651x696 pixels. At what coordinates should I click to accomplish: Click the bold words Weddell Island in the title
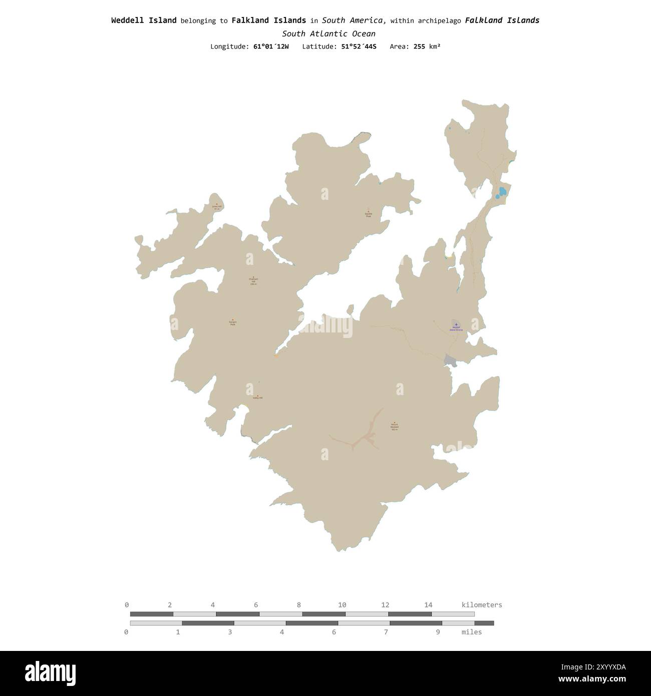tap(144, 21)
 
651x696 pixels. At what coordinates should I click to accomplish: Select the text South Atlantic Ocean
tap(329, 34)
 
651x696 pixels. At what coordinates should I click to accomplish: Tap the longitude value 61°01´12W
tap(271, 47)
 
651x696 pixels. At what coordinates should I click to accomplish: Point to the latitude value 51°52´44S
tap(358, 47)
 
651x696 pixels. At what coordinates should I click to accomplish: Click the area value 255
tap(419, 47)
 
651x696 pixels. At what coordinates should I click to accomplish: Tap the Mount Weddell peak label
tap(394, 427)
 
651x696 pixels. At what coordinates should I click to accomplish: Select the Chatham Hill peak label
tap(253, 281)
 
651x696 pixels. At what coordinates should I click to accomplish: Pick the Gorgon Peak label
tap(232, 322)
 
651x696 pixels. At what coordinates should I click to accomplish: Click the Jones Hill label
tap(216, 206)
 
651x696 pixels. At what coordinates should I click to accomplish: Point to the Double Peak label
tap(369, 214)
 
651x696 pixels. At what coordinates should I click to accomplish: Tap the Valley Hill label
tap(257, 397)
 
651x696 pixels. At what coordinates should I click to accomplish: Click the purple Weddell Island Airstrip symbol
tap(456, 325)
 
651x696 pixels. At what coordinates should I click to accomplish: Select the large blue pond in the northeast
tap(501, 192)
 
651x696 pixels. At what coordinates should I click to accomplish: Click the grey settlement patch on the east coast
tap(450, 361)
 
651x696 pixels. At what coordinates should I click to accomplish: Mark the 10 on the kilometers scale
tap(342, 605)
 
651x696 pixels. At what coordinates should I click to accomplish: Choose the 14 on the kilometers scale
tap(428, 605)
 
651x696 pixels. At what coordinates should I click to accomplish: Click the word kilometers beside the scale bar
tap(481, 605)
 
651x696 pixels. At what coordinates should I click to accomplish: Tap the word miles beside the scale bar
tap(471, 632)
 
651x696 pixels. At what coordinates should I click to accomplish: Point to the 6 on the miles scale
tap(334, 632)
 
